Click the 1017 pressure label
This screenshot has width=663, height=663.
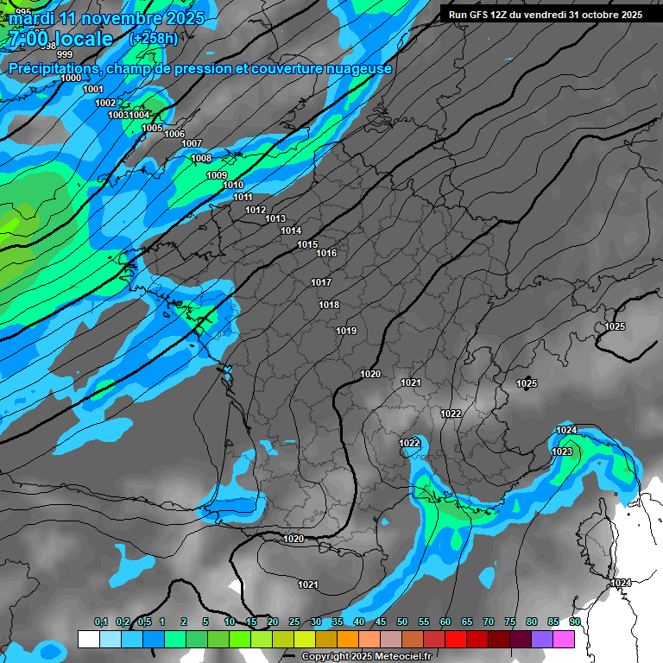(321, 283)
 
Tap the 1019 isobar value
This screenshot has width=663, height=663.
(346, 331)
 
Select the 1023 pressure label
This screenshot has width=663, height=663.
(562, 451)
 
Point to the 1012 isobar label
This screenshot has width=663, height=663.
(256, 211)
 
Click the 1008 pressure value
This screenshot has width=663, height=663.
(201, 159)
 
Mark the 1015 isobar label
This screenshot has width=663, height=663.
(307, 245)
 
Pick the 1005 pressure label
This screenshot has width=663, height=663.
(152, 129)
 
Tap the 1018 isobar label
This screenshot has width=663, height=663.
(329, 306)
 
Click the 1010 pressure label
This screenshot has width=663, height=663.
(233, 186)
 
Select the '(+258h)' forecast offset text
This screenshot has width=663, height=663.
(154, 39)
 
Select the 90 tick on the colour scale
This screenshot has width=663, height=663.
(574, 622)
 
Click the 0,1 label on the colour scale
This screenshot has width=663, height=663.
(101, 622)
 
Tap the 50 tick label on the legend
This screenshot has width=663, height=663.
(402, 622)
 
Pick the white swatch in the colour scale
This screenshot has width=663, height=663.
(89, 639)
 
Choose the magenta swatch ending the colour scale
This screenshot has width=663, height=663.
(564, 639)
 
